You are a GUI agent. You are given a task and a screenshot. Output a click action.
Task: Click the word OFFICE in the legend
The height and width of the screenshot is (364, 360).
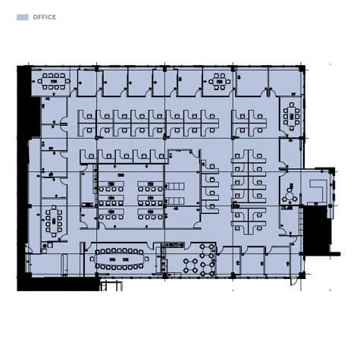coord(45,17)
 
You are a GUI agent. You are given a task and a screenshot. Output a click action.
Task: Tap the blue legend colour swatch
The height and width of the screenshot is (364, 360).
coord(23,17)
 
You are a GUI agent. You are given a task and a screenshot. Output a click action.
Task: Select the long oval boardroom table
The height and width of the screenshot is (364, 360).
coord(119,259)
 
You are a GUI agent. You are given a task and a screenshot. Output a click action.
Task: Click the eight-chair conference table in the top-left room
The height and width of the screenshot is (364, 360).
coord(54,81)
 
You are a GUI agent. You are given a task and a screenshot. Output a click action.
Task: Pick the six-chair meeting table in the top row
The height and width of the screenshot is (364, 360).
coord(220,82)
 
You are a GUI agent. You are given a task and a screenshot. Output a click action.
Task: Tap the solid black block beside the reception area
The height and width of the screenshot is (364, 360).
coord(317,229)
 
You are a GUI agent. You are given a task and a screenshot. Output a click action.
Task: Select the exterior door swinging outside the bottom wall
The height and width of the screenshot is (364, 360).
coord(293,281)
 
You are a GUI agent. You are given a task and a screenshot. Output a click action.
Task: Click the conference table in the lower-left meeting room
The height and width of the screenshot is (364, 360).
coord(54,221)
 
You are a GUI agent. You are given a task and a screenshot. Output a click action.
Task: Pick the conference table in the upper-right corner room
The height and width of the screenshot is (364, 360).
coord(292,117)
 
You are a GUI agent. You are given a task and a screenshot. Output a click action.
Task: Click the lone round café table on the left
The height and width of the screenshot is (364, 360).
coord(190,265)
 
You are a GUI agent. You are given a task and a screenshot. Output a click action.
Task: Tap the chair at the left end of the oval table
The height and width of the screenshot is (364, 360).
coord(92,259)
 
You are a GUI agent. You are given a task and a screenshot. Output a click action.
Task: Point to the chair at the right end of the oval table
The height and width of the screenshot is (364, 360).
coord(146,259)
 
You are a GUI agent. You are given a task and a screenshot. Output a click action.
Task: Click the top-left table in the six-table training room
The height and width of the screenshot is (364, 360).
coord(111,184)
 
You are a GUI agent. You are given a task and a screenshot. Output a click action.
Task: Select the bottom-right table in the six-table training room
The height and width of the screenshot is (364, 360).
coord(151,212)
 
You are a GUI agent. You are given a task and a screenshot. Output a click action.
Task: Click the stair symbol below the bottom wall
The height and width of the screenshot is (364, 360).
coord(111,286)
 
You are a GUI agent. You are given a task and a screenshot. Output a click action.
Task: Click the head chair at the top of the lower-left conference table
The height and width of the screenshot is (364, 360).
coord(54,208)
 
